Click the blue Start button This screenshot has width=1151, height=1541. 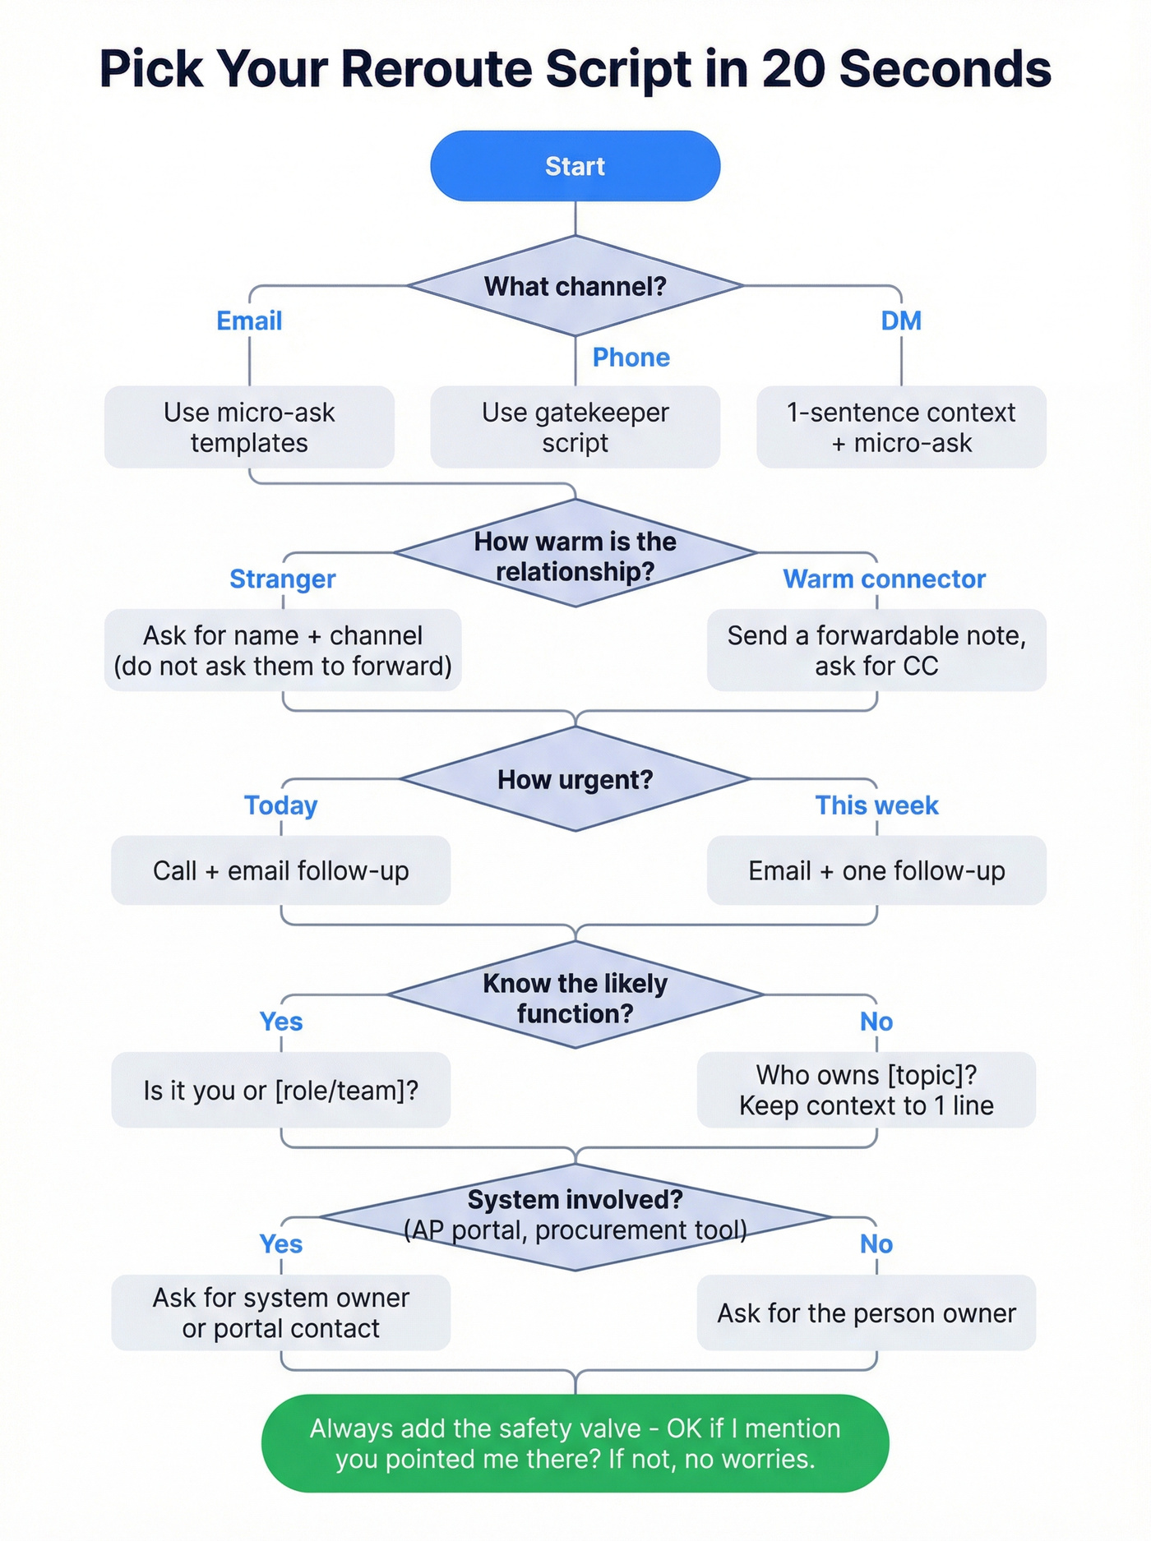(x=575, y=166)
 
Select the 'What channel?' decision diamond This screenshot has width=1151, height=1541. (x=575, y=286)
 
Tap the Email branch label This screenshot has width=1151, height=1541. (x=249, y=321)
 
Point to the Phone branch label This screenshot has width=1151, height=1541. (x=631, y=358)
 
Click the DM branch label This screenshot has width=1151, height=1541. (x=901, y=321)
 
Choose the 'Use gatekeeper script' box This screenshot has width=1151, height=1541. (x=575, y=427)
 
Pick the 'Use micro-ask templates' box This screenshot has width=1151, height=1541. (x=249, y=427)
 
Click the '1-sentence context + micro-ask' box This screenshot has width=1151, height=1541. (x=901, y=427)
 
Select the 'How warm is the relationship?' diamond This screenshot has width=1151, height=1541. (x=575, y=555)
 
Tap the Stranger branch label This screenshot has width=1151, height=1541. (x=282, y=579)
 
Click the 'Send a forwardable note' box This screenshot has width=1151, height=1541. (x=876, y=650)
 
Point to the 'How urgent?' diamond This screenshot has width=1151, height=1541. (x=575, y=779)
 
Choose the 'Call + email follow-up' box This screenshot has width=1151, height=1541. (x=280, y=870)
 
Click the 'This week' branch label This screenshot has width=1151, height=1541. (x=876, y=805)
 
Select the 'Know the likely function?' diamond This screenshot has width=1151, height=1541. (x=575, y=997)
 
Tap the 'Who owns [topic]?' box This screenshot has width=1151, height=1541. (x=866, y=1090)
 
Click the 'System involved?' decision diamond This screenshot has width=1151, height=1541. (x=575, y=1215)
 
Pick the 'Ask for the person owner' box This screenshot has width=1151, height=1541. (x=866, y=1313)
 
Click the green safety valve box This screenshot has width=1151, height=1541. (x=575, y=1443)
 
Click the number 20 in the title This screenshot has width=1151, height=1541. (x=793, y=69)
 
